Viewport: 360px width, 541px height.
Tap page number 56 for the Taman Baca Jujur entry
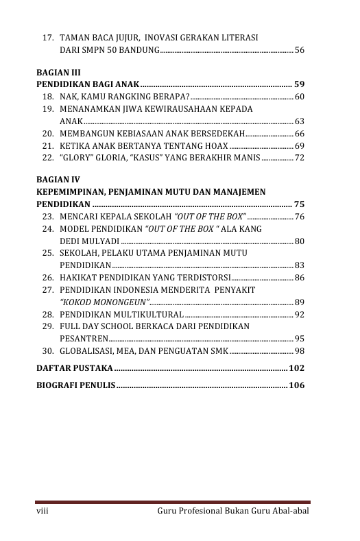tap(299, 50)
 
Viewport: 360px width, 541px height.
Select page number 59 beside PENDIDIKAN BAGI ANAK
tap(299, 84)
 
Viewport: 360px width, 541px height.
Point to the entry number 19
tap(48, 109)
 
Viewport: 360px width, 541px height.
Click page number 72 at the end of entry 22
tap(299, 158)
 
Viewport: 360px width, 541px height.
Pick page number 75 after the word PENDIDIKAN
tap(299, 204)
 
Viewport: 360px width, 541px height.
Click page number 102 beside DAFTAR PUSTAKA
tap(297, 368)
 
